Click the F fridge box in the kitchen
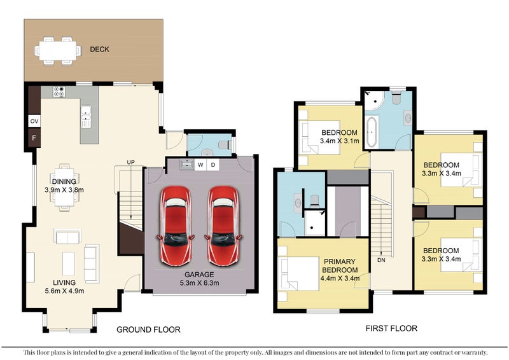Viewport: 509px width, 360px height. (34, 137)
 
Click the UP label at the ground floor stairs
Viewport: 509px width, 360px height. (131, 162)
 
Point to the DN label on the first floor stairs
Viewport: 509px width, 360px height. (380, 260)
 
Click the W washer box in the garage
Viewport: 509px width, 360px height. (200, 165)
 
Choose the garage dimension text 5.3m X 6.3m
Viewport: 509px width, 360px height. (199, 282)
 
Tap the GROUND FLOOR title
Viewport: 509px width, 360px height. (148, 329)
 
